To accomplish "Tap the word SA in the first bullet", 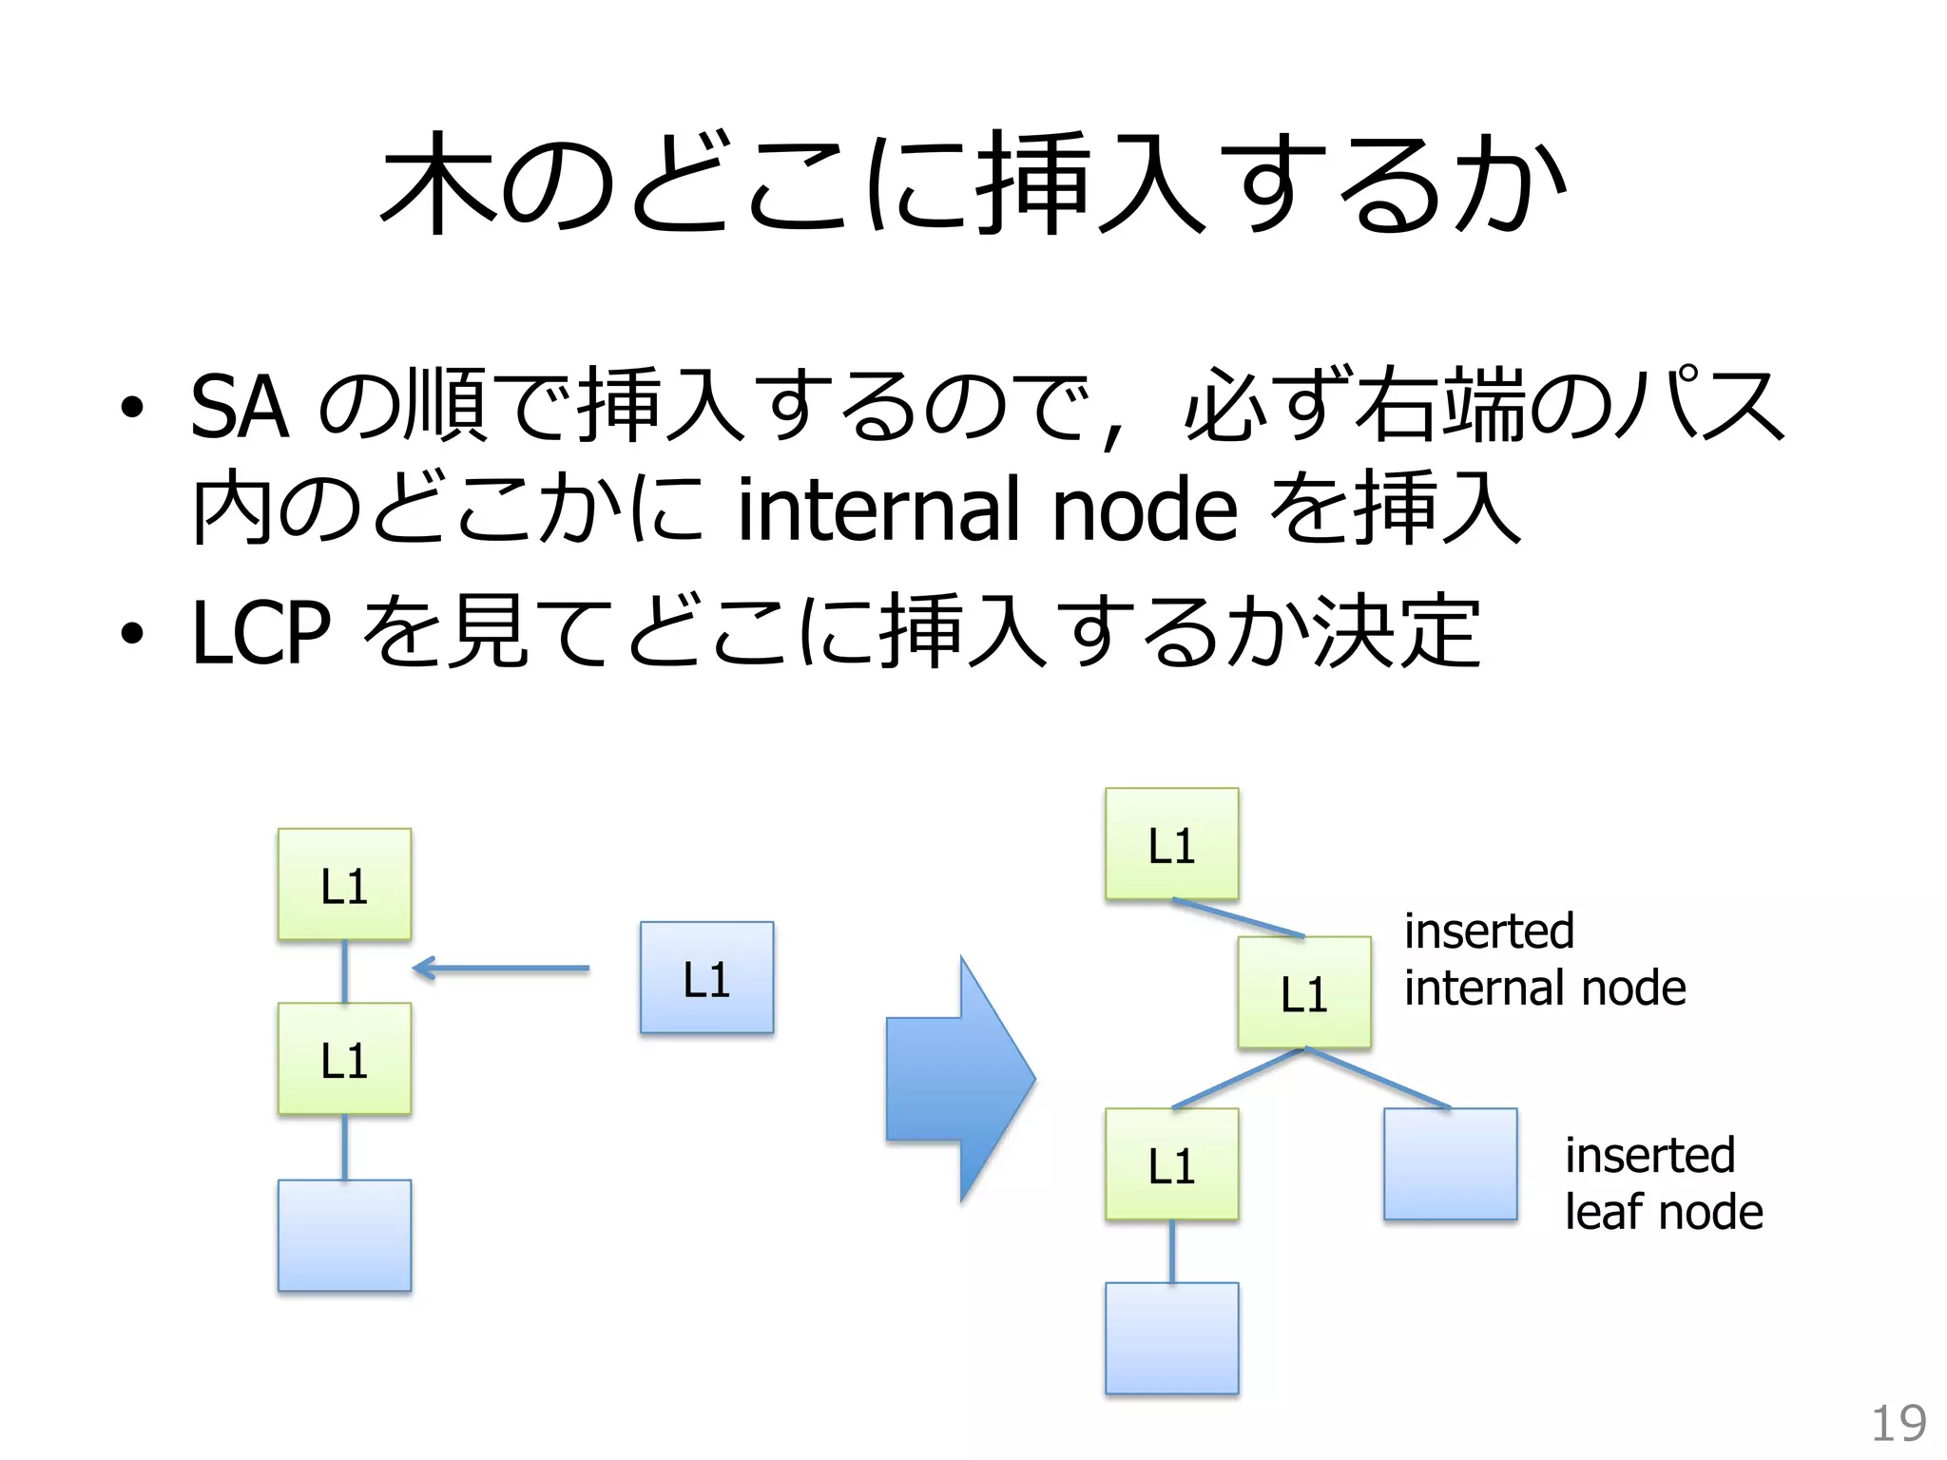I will pos(239,408).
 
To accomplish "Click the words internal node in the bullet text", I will pos(987,510).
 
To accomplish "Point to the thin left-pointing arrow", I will pos(501,969).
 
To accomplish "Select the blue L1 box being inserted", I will pos(706,977).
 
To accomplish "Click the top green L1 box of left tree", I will pos(344,885).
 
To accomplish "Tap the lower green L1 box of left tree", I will pos(344,1059).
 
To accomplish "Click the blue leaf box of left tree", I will pos(344,1235).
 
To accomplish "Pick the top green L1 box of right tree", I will pos(1171,844).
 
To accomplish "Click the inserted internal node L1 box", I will pos(1303,992).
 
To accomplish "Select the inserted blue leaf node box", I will pos(1450,1163).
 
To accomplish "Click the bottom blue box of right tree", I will pos(1171,1337).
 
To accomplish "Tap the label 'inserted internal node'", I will pos(1544,959).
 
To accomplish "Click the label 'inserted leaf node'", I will pos(1663,1183).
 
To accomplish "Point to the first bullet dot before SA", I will pos(132,410).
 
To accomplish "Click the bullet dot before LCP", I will pos(132,633).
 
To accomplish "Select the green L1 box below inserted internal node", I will pos(1171,1164).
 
